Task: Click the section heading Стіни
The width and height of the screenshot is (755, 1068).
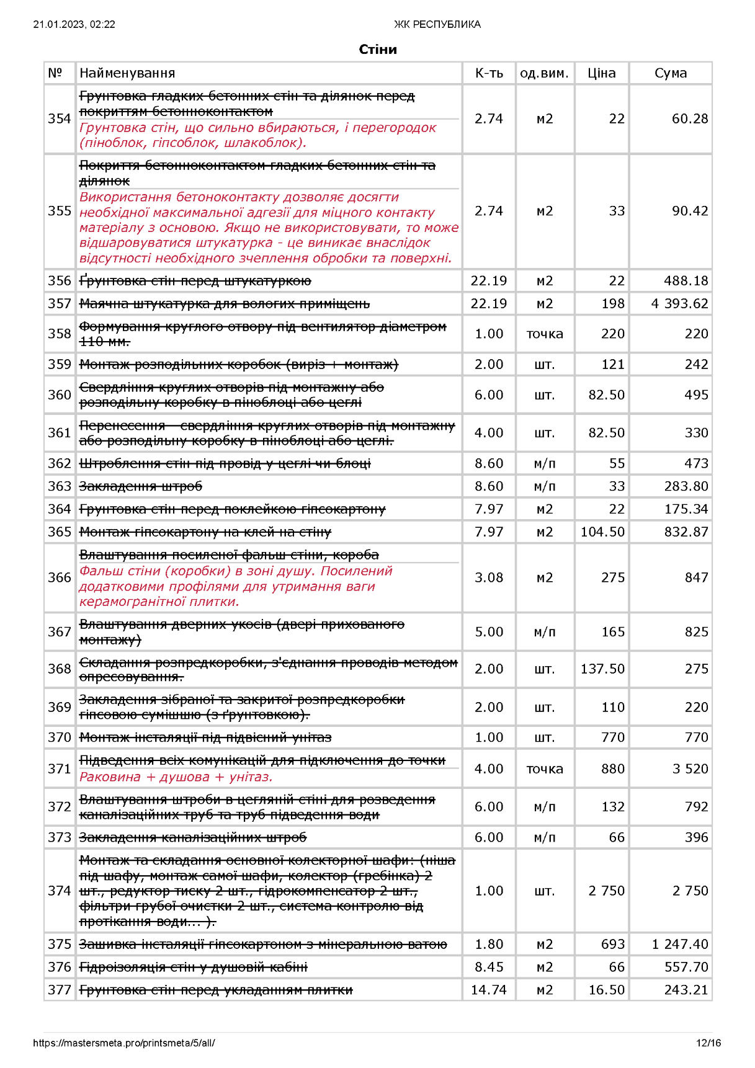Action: [x=377, y=50]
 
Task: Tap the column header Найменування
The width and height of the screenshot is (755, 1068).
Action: [x=127, y=73]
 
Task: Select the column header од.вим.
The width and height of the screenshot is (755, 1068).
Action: [x=544, y=73]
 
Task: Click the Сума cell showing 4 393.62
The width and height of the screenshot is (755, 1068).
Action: [x=679, y=304]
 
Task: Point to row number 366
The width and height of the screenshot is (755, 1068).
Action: [x=60, y=577]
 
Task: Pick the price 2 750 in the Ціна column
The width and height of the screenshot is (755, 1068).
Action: [x=606, y=891]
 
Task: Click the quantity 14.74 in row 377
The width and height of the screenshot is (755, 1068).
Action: [x=488, y=990]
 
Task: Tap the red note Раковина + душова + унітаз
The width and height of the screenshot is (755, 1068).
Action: [x=176, y=777]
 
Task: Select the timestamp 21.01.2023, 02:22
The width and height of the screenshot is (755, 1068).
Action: [x=74, y=25]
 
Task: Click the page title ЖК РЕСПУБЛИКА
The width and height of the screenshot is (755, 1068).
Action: [x=437, y=25]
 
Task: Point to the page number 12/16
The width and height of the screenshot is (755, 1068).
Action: [x=708, y=1043]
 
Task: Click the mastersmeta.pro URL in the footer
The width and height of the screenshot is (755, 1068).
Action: [x=124, y=1043]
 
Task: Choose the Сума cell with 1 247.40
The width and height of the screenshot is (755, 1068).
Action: [x=679, y=945]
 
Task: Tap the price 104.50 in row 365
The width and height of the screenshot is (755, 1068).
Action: [x=602, y=532]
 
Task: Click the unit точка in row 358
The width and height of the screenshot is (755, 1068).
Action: [x=545, y=334]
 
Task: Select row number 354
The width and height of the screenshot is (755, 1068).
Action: [x=60, y=119]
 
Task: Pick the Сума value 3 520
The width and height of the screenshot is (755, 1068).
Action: [x=690, y=769]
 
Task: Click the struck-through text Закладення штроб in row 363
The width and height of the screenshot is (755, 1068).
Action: [x=141, y=487]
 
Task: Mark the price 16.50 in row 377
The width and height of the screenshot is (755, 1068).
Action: [x=606, y=990]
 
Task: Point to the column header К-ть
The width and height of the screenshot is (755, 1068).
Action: [x=489, y=73]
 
